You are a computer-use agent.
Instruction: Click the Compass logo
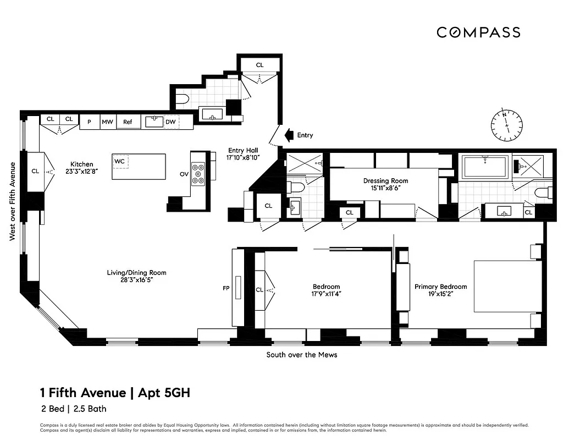478,32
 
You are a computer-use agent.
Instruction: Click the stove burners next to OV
198,173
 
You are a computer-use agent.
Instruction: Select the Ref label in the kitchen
128,122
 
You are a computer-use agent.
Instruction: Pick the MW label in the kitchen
107,122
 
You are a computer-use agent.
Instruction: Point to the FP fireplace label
225,288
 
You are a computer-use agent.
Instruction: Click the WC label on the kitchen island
119,161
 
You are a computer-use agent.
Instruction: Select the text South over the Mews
302,355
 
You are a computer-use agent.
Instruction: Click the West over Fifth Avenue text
12,201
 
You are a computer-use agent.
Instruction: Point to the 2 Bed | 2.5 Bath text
73,409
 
